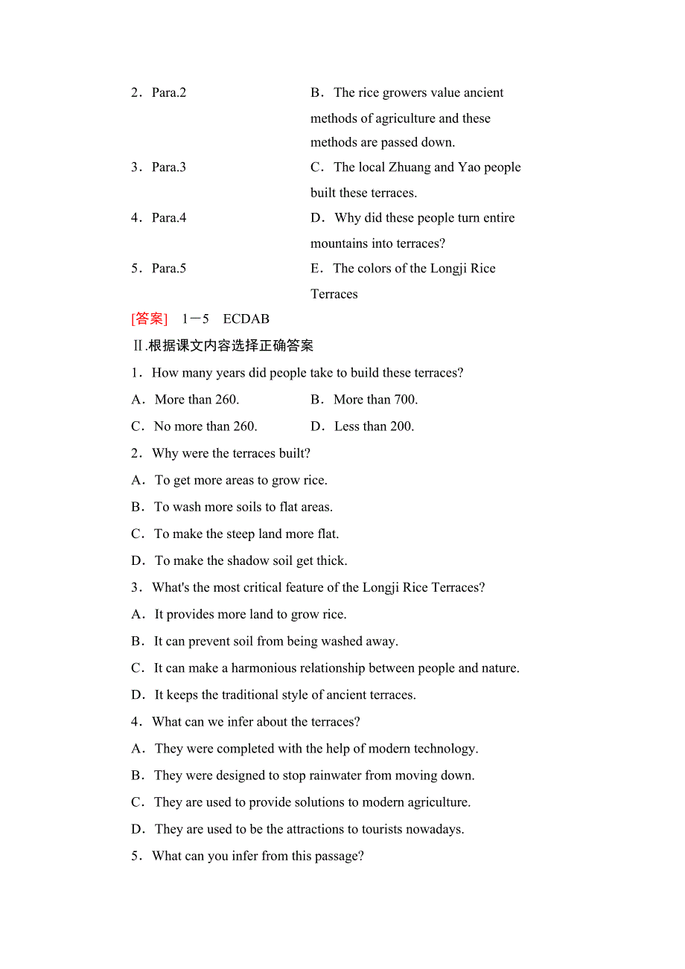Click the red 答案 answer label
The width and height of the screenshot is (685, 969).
click(x=149, y=319)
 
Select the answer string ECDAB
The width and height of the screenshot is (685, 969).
click(x=246, y=319)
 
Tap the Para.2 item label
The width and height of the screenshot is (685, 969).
click(x=169, y=93)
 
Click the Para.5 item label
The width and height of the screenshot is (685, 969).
click(x=169, y=269)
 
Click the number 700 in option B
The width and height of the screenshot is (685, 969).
click(x=404, y=400)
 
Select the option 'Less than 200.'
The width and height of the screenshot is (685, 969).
click(x=374, y=426)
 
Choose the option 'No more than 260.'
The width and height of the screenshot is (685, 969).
click(x=205, y=426)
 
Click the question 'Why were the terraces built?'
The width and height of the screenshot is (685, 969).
click(x=231, y=453)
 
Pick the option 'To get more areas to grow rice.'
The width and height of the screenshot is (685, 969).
click(x=240, y=480)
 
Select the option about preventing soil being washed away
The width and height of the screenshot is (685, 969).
click(x=275, y=641)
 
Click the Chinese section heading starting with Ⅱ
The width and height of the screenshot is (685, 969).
click(x=223, y=346)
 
